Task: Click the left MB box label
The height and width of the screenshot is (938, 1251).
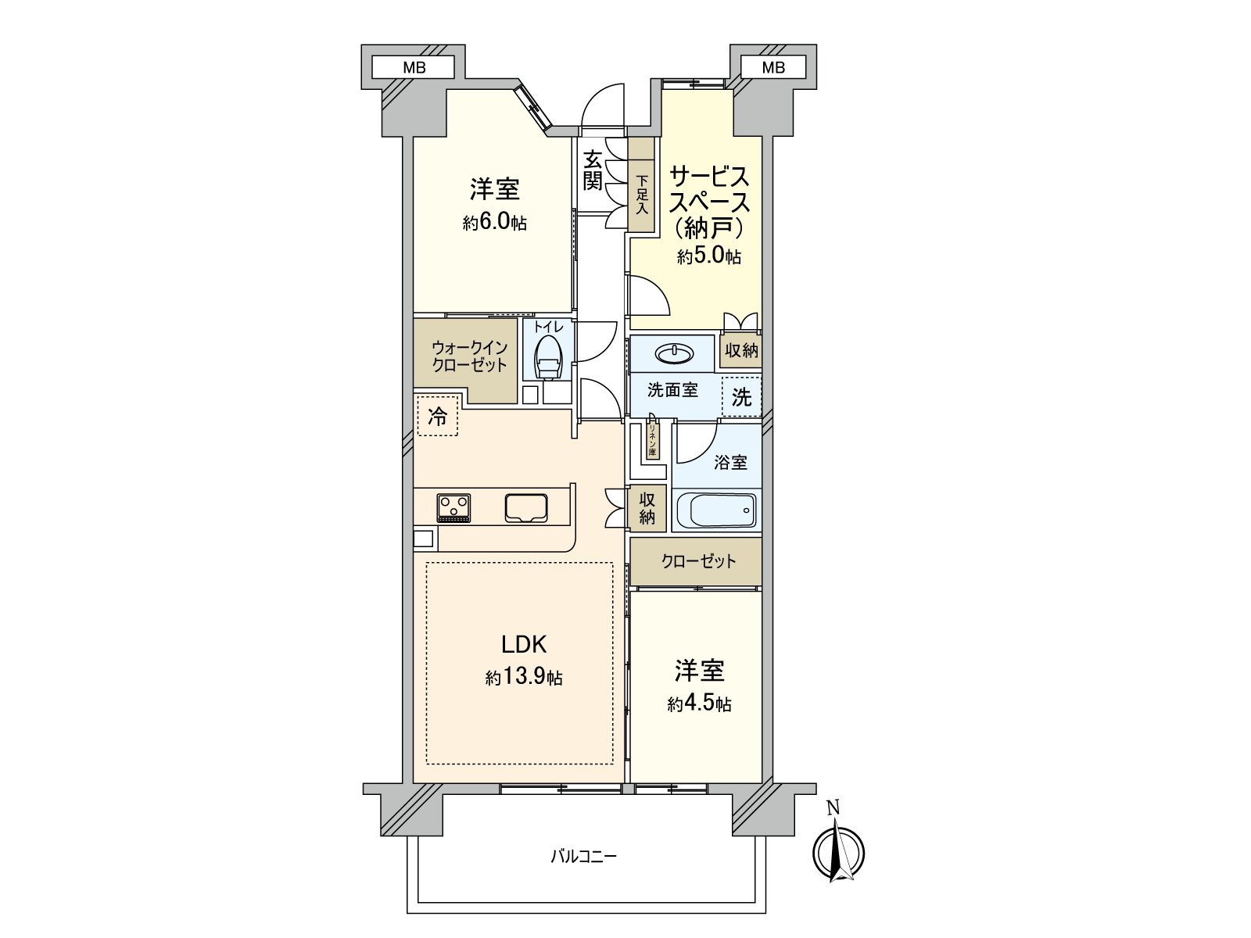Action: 414,68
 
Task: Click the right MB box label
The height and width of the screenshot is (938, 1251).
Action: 772,68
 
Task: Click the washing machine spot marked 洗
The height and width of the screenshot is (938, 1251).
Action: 741,397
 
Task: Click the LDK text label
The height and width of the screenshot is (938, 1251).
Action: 523,645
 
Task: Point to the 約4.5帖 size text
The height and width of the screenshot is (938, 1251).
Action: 699,704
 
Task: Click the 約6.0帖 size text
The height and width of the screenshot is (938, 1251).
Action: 494,223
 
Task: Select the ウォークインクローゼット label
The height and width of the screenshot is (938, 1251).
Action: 469,356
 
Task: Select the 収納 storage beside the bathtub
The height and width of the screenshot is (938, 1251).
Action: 647,508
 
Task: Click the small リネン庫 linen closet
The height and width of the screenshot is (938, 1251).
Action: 651,440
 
